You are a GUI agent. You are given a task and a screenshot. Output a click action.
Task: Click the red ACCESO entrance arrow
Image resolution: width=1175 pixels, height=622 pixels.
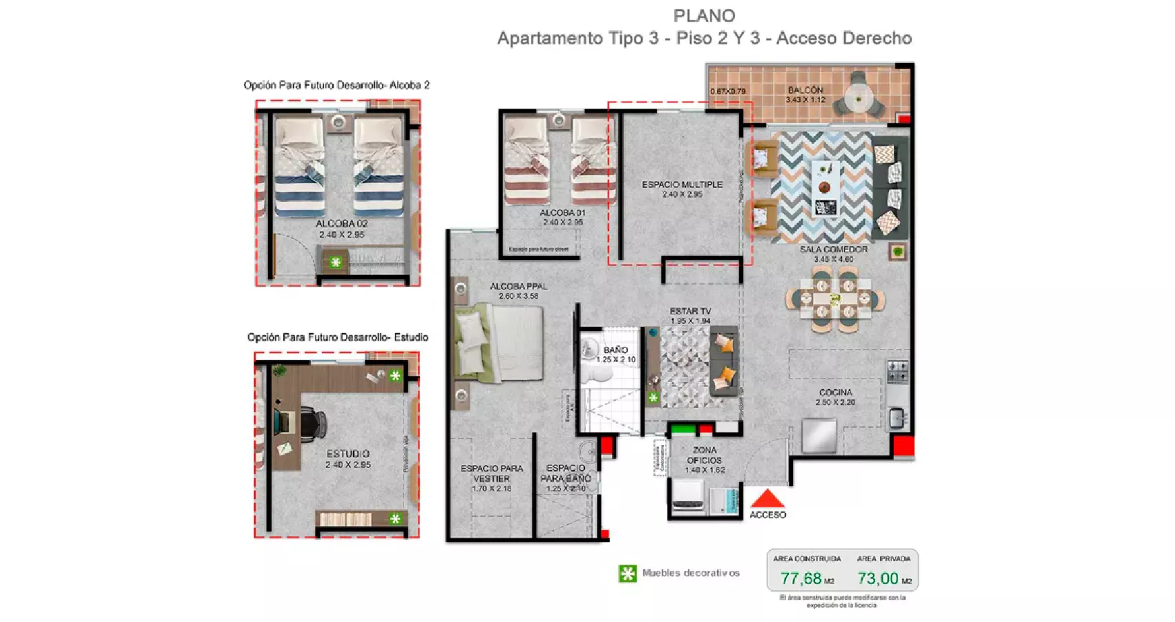tap(767, 499)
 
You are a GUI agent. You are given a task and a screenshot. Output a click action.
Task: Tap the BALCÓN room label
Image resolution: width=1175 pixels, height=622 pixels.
tap(805, 90)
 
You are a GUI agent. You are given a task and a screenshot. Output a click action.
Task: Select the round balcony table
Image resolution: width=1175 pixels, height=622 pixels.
tap(858, 100)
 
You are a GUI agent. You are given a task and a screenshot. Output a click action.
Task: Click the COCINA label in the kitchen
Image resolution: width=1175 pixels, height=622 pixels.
tap(835, 392)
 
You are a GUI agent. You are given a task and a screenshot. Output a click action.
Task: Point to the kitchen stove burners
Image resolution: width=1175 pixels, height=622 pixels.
tap(897, 371)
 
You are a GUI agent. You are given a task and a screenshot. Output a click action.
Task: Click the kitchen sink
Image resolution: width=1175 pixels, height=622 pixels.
tap(896, 417)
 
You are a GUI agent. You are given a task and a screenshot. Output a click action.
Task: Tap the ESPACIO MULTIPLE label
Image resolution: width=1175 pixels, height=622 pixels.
tap(682, 185)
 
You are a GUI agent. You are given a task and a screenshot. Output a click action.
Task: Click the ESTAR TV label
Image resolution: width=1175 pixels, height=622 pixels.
tap(689, 311)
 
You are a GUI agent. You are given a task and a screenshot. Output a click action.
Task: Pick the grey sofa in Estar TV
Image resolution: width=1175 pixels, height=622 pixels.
tap(724, 360)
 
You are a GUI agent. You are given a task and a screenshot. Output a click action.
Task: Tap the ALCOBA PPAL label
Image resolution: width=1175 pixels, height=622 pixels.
tap(518, 286)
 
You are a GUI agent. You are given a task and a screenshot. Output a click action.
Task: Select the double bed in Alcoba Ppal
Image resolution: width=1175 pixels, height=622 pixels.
tap(499, 343)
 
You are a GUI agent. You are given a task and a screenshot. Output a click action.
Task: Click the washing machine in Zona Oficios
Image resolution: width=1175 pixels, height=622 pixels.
tap(688, 496)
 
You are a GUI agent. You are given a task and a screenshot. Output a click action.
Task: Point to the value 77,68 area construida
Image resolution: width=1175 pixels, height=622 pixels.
tap(801, 578)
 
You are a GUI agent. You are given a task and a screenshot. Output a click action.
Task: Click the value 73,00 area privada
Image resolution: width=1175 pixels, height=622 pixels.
tap(877, 578)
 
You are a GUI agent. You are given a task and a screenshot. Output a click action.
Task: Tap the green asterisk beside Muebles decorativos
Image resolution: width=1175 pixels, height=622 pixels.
tap(627, 574)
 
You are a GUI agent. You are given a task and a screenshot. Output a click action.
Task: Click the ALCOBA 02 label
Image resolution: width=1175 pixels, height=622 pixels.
tap(341, 224)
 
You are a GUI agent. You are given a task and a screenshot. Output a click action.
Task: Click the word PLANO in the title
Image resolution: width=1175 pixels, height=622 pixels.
tap(704, 16)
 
